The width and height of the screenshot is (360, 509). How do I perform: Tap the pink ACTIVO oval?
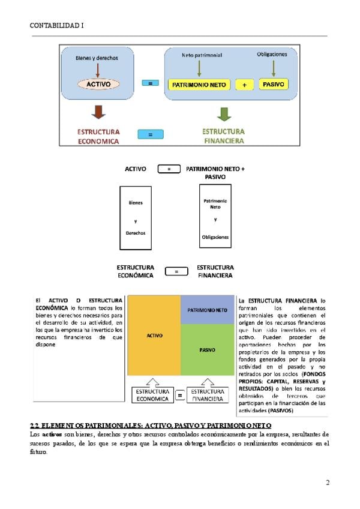point(98,85)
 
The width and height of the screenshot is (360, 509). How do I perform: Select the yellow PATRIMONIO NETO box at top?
point(199,85)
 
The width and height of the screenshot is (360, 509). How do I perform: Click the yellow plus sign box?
point(245,85)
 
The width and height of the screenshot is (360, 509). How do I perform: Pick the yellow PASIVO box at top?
point(273,85)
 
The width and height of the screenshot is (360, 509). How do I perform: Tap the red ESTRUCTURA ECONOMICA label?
point(98,136)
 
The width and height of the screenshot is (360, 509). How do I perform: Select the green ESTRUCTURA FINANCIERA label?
point(223,136)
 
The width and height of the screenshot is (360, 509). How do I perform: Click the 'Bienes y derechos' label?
point(97,58)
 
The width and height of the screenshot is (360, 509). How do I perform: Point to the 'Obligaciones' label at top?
point(272,54)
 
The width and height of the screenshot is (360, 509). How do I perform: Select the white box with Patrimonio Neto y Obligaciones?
point(215,216)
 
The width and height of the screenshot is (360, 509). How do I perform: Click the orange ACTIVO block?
point(154,336)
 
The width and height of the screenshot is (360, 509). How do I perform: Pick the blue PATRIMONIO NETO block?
point(207,310)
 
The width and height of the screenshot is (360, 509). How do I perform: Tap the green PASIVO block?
point(207,349)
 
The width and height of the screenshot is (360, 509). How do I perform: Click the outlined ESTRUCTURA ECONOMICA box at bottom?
point(152,394)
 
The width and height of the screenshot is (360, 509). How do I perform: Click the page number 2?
point(328,483)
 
